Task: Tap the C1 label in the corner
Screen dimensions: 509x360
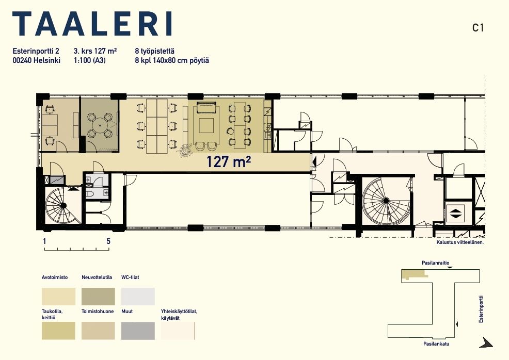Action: tap(478, 28)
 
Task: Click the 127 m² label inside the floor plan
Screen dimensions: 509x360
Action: tap(229, 161)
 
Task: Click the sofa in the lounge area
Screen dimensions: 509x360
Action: tap(206, 107)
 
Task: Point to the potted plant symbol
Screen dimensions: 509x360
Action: tap(185, 151)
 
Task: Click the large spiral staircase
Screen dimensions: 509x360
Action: tap(386, 201)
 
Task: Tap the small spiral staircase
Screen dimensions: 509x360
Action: tap(61, 206)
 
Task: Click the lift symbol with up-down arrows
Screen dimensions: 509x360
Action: tap(456, 213)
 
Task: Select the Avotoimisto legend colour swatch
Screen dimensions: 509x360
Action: tap(58, 297)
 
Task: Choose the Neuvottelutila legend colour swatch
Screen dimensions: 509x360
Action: tap(98, 297)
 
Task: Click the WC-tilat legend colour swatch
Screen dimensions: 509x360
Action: tap(138, 297)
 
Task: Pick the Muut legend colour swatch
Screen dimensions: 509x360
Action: tap(138, 331)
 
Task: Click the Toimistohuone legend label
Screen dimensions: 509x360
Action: tap(98, 312)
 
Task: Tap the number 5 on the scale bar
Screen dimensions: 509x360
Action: tap(108, 241)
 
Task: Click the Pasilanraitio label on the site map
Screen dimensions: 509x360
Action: tap(436, 263)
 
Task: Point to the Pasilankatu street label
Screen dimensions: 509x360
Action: tap(436, 344)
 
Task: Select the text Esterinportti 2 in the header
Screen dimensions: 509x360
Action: tap(36, 51)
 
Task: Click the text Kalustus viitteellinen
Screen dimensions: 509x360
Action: tap(460, 242)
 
